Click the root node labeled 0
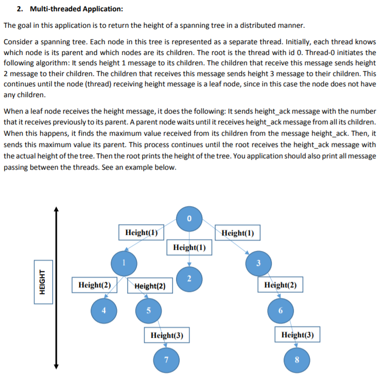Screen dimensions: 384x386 click(x=189, y=218)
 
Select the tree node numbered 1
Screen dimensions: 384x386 click(x=124, y=263)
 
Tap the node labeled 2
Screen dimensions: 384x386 click(x=189, y=279)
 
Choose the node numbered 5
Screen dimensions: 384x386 click(x=149, y=310)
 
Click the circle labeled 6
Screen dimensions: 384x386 click(x=280, y=310)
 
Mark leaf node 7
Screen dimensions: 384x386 click(x=166, y=358)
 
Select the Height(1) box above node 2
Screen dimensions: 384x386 click(x=189, y=247)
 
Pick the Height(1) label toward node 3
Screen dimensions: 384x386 click(x=238, y=232)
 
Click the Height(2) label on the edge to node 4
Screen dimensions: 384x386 click(x=95, y=285)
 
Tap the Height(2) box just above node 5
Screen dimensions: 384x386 click(x=150, y=285)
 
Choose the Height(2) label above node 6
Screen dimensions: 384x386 click(x=280, y=285)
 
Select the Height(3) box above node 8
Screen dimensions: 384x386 click(x=297, y=335)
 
